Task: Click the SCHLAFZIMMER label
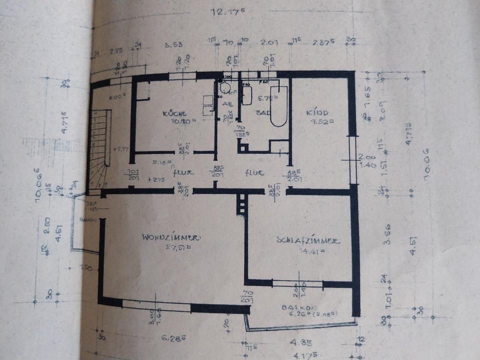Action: pos(308,240)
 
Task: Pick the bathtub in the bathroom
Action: pos(278,106)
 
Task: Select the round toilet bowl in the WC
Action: pos(226,88)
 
